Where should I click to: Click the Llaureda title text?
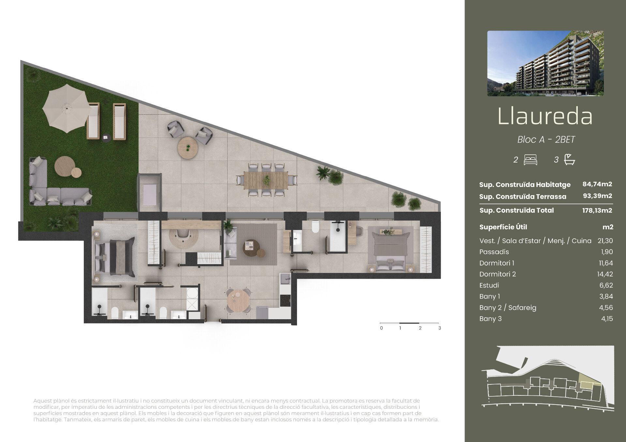[x=545, y=116]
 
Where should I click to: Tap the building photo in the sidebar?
[x=545, y=64]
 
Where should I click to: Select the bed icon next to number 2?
[x=530, y=160]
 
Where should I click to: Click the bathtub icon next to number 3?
[x=570, y=159]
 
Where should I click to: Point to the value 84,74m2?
[x=597, y=184]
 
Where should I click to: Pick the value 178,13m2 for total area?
[x=597, y=210]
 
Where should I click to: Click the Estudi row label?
[x=489, y=285]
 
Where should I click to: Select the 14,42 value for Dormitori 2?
[x=605, y=274]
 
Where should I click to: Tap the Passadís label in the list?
[x=494, y=252]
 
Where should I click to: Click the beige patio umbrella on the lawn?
[x=67, y=108]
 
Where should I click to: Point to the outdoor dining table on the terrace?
[x=266, y=180]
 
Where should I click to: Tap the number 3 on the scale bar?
[x=440, y=328]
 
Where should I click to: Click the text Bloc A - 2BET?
[x=546, y=139]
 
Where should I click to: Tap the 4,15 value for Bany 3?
[x=607, y=319]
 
